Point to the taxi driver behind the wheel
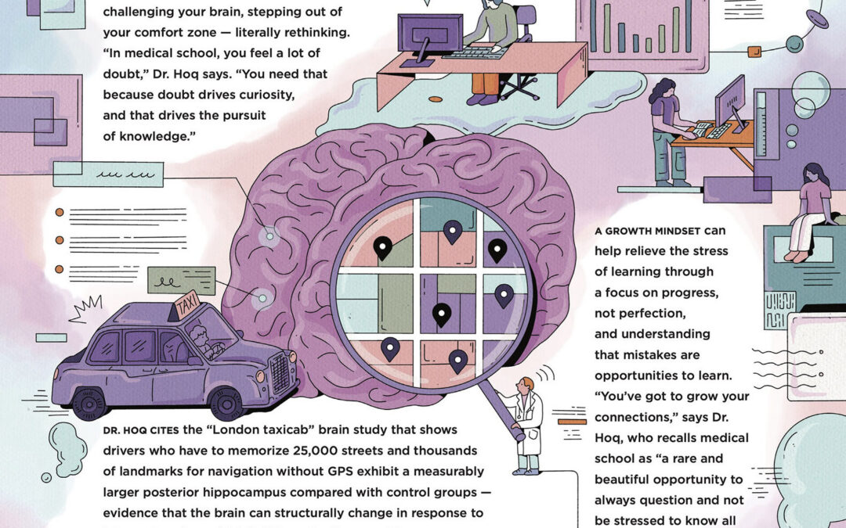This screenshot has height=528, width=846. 200,341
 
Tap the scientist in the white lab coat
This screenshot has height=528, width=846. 526,422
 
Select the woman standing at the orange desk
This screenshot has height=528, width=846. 666,129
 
